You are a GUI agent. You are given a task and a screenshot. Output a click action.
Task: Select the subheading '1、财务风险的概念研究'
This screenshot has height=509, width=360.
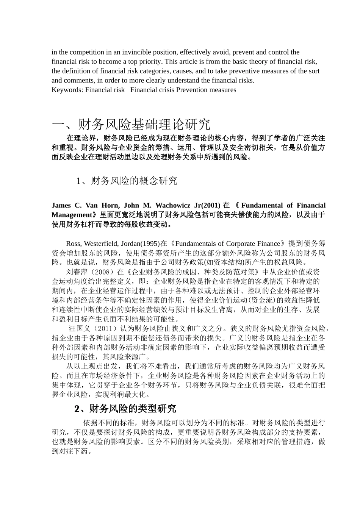point(127,181)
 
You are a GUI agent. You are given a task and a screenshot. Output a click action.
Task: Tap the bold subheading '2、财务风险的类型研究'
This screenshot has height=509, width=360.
point(125,409)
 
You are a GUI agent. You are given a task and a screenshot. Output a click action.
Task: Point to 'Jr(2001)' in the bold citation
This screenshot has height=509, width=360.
point(207,206)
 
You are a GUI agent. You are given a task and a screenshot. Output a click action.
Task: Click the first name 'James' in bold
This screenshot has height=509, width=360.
point(61,206)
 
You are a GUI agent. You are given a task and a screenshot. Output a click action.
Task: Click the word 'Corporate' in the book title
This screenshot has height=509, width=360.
point(232,244)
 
